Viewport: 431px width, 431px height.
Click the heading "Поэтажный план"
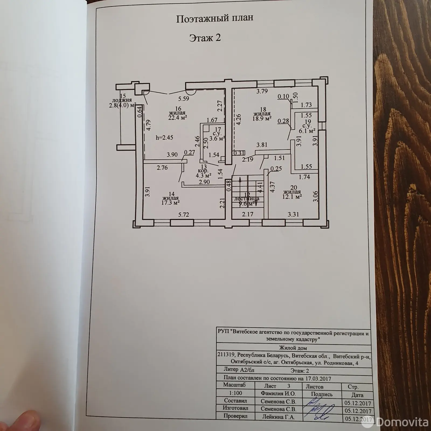click(215, 19)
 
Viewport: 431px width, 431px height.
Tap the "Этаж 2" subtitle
click(205, 38)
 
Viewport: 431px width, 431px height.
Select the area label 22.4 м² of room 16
click(178, 117)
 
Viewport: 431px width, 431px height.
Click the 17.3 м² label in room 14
click(171, 203)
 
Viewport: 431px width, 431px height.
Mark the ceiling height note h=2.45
click(164, 138)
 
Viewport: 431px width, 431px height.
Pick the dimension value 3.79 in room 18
click(262, 91)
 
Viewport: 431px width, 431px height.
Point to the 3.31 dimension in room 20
click(293, 215)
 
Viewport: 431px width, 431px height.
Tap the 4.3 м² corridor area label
click(203, 175)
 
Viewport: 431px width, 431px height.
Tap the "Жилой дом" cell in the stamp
click(293, 348)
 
